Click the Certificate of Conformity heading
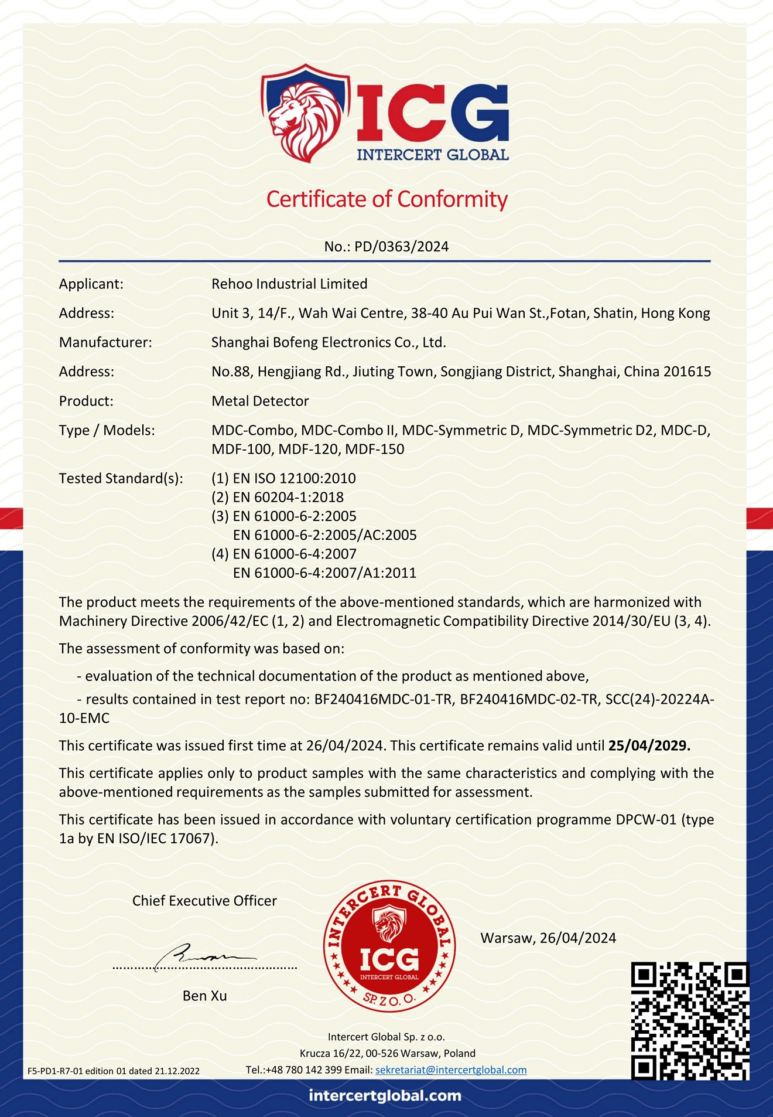point(386,199)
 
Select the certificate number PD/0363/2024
point(401,247)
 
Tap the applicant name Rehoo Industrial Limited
point(289,284)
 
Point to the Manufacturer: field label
point(105,343)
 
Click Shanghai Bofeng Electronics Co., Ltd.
point(329,343)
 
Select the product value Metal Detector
point(260,401)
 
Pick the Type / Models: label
point(107,431)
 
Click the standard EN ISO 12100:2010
point(294,479)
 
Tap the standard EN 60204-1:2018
point(288,498)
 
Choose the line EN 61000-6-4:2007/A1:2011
point(324,573)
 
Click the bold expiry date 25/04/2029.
point(649,746)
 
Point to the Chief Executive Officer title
point(204,901)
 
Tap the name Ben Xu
point(204,996)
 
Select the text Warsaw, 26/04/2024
point(548,938)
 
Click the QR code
point(690,1021)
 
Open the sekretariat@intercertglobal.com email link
point(451,1070)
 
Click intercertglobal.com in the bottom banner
point(385,1095)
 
